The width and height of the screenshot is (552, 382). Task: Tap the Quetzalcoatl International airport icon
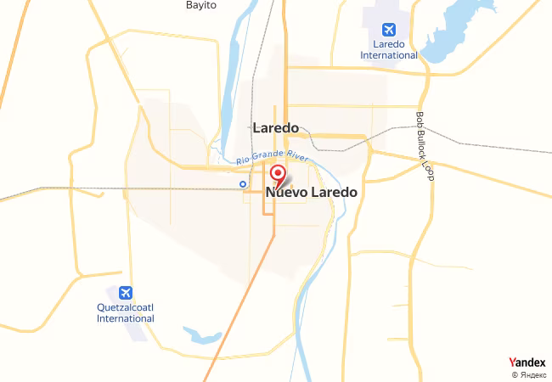[126, 293]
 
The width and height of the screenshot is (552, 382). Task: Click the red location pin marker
[277, 176]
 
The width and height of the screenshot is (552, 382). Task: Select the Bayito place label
[201, 5]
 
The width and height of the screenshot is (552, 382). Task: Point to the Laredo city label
[276, 128]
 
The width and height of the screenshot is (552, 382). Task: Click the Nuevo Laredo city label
[312, 193]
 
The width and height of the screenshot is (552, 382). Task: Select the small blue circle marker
[243, 183]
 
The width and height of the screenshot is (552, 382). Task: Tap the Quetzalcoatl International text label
[126, 312]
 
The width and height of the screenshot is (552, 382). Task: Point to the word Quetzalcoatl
[126, 306]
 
